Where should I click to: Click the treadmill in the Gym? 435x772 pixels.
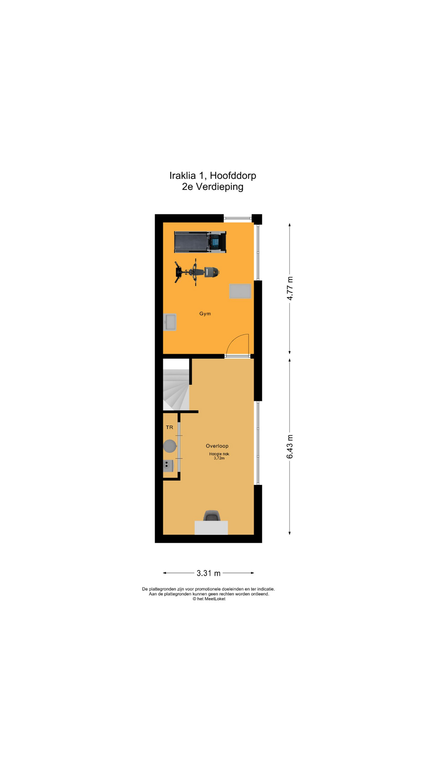point(200,242)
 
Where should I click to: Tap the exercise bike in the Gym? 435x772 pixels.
point(197,272)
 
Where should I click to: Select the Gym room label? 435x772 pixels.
point(205,314)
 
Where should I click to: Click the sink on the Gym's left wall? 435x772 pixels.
point(170,322)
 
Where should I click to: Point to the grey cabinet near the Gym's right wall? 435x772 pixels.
point(240,291)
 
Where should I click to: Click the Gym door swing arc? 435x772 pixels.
point(234,340)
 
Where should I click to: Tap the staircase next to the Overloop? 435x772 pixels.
point(176,390)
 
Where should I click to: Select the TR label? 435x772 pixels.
point(170,427)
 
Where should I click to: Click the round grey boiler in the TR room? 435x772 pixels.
point(170,446)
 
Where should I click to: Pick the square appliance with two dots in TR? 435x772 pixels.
point(168,466)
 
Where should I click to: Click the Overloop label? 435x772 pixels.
point(217,446)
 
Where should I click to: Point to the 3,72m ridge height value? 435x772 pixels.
point(219,458)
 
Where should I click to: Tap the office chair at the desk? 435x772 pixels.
point(212,515)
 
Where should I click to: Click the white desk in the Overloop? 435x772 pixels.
point(211,528)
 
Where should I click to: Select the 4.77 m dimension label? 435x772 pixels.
point(290,288)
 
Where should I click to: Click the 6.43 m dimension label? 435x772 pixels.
point(290,447)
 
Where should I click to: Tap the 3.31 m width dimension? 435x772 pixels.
point(209,573)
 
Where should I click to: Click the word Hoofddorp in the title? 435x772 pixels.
point(233,176)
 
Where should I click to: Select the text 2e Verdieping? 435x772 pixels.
point(213,187)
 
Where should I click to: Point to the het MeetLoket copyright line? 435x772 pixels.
point(209,599)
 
